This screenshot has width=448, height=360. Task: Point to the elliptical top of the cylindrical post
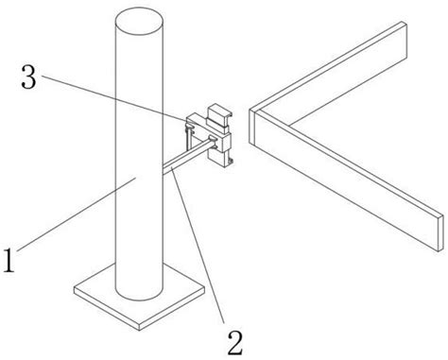pyautogui.click(x=138, y=20)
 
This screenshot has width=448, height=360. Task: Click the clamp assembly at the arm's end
pyautogui.click(x=215, y=137)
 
